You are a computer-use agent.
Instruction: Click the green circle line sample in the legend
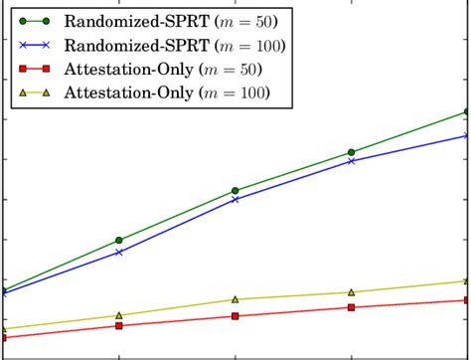(33, 20)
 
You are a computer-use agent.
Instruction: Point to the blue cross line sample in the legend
(33, 45)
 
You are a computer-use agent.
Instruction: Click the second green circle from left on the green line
(119, 241)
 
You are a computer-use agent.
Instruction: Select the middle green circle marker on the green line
(235, 190)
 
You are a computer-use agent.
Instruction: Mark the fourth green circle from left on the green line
(351, 152)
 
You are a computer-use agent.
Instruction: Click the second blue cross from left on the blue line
(119, 253)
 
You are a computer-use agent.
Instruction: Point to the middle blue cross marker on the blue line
(235, 199)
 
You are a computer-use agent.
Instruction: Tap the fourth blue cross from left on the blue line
(351, 160)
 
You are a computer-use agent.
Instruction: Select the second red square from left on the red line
(119, 326)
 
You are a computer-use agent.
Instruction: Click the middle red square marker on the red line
(235, 316)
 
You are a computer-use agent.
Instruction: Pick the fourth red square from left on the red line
(351, 307)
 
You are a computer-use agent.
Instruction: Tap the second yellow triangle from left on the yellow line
(119, 315)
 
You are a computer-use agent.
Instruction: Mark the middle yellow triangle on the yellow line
(235, 299)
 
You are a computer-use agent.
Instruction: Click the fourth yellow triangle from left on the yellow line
(351, 292)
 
